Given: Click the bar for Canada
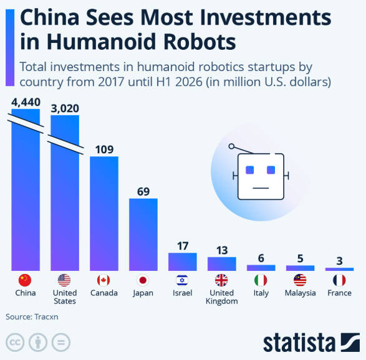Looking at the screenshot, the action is (x=104, y=214).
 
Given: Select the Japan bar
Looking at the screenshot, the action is (x=143, y=235).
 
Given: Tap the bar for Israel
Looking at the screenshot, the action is (x=183, y=262).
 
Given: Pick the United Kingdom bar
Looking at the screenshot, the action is (x=222, y=263).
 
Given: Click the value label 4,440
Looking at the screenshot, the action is (x=26, y=102).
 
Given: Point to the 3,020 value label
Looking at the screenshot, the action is (x=65, y=108).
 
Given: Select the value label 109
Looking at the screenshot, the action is (x=104, y=149).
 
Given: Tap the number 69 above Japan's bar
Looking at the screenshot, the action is (x=143, y=192).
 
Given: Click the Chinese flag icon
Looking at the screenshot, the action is (x=25, y=280).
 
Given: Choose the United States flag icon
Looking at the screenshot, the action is (x=64, y=280).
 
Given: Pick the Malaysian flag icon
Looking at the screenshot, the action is (x=300, y=280).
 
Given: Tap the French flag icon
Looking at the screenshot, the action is (x=339, y=280).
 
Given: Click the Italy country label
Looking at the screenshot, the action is (x=261, y=293).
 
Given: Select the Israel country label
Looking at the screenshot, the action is (x=182, y=293).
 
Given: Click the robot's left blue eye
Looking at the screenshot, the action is (x=250, y=170).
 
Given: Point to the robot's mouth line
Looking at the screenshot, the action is (x=261, y=188).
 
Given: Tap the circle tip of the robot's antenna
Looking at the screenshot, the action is (x=231, y=146).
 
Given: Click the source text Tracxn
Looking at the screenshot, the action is (x=46, y=317).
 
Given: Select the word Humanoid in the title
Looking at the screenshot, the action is (x=101, y=42).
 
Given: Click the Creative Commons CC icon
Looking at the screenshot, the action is (x=15, y=343).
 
